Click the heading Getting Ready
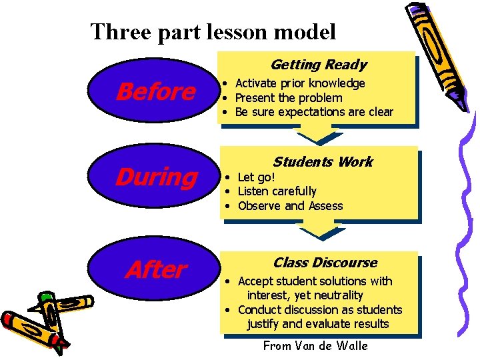pos(318,65)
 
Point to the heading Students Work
pos(323,162)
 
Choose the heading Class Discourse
pos(325,263)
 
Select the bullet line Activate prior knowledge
pos(300,83)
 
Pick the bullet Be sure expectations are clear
pos(314,112)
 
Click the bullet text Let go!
pos(257,177)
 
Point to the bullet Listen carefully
pos(277,191)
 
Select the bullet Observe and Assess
pos(290,206)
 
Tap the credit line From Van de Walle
pos(315,345)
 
